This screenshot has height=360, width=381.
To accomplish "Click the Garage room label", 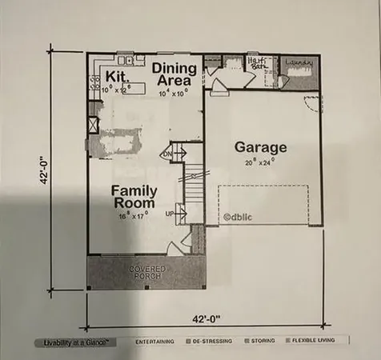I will click(261, 148).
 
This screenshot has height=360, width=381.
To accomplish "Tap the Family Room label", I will click(134, 197).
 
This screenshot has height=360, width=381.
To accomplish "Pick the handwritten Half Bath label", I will click(256, 62).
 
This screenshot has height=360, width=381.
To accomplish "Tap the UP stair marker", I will click(169, 214).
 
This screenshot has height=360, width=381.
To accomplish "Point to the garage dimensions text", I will click(261, 162).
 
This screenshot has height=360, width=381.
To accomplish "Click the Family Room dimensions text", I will click(134, 214).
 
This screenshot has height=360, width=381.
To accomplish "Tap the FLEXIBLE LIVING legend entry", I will click(318, 342).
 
